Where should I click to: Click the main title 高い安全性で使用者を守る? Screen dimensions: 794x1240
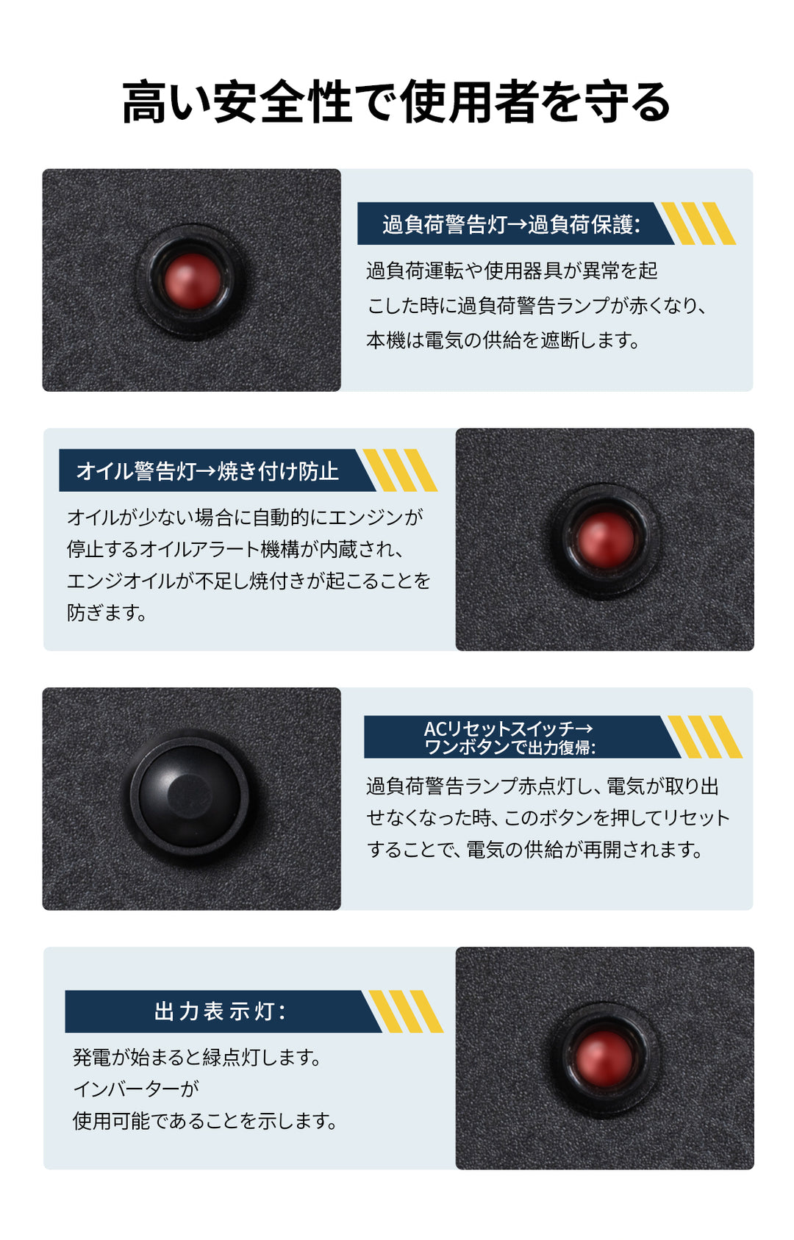click(396, 102)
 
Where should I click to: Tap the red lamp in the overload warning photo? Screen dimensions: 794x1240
click(192, 282)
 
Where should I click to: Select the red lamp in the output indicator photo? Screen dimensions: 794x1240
click(604, 1058)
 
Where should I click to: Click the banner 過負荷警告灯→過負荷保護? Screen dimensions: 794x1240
click(511, 225)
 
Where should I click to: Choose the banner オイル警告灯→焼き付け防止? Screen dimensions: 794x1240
click(207, 471)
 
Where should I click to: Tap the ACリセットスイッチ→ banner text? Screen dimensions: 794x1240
click(508, 728)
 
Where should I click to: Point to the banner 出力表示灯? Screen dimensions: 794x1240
click(220, 1011)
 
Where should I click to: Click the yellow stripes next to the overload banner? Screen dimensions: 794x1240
click(698, 223)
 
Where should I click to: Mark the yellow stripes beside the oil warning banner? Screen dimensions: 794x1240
click(400, 470)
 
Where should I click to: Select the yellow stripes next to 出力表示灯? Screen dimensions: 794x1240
click(406, 1011)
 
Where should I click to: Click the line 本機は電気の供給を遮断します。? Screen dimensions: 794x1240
click(503, 340)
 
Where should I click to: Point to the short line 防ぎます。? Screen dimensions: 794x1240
click(107, 612)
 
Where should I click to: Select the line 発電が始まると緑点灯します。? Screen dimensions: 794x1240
click(197, 1057)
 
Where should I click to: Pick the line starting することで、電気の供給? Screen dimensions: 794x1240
click(535, 850)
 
